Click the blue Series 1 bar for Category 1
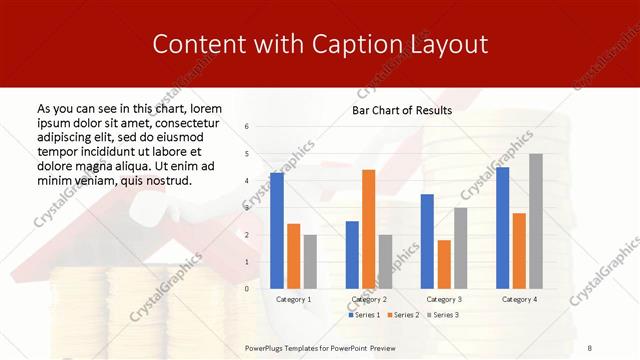(277, 230)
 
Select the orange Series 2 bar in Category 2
(369, 229)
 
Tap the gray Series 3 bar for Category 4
(536, 221)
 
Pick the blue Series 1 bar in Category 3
(427, 241)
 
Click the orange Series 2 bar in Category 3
(444, 264)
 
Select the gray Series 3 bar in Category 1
(310, 261)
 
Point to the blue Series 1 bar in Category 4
(502, 227)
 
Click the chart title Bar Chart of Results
(402, 110)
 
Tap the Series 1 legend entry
(363, 315)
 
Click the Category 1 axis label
(293, 299)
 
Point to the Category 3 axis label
(443, 299)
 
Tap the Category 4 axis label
(519, 299)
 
